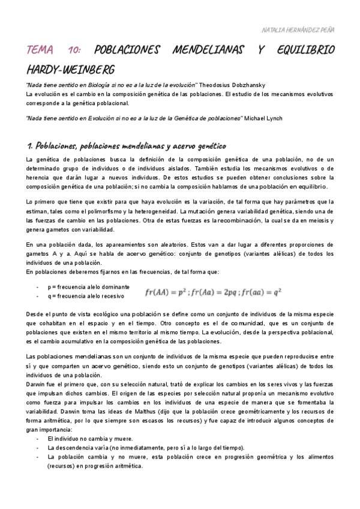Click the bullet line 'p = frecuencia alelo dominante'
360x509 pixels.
pos(86,288)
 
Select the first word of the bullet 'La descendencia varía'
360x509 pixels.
pos(51,448)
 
